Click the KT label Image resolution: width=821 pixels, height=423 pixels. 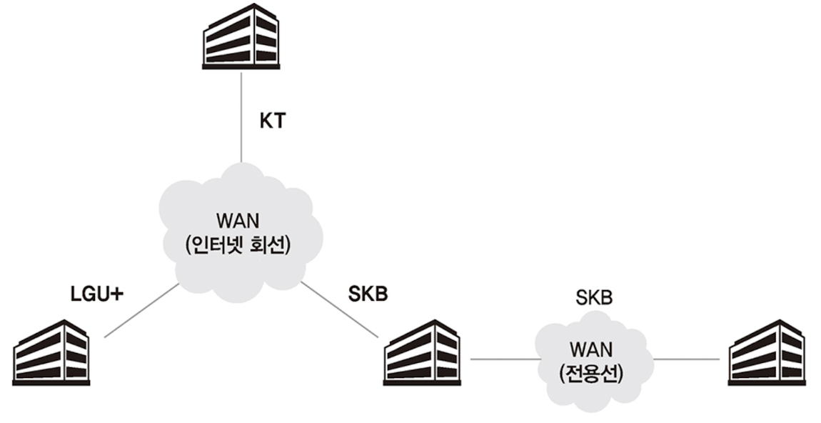coord(271,121)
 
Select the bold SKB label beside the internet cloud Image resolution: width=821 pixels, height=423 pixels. coord(368,294)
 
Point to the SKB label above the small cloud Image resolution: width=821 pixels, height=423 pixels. coord(595,297)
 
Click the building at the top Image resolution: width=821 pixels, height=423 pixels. coord(241,38)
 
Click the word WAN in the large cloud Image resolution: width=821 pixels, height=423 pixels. coord(237,217)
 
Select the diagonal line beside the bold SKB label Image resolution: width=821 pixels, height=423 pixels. coord(339,309)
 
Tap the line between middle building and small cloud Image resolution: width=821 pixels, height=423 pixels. coord(503,359)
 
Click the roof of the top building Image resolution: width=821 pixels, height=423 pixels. coord(241,12)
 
